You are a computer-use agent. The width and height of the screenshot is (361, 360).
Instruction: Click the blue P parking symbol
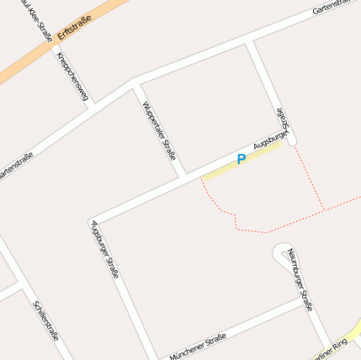point(242,159)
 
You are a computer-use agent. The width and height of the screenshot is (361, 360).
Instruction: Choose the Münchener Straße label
point(198,346)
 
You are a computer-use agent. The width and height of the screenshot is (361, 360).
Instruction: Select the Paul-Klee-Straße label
point(41,19)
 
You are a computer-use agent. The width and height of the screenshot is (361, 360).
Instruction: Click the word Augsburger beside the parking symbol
point(271,136)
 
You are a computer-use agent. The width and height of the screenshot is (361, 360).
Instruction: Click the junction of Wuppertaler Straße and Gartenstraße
point(135,82)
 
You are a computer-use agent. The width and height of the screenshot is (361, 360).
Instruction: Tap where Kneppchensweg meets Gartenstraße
point(92,104)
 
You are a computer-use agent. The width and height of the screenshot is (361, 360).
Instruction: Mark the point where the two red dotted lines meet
point(325,209)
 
